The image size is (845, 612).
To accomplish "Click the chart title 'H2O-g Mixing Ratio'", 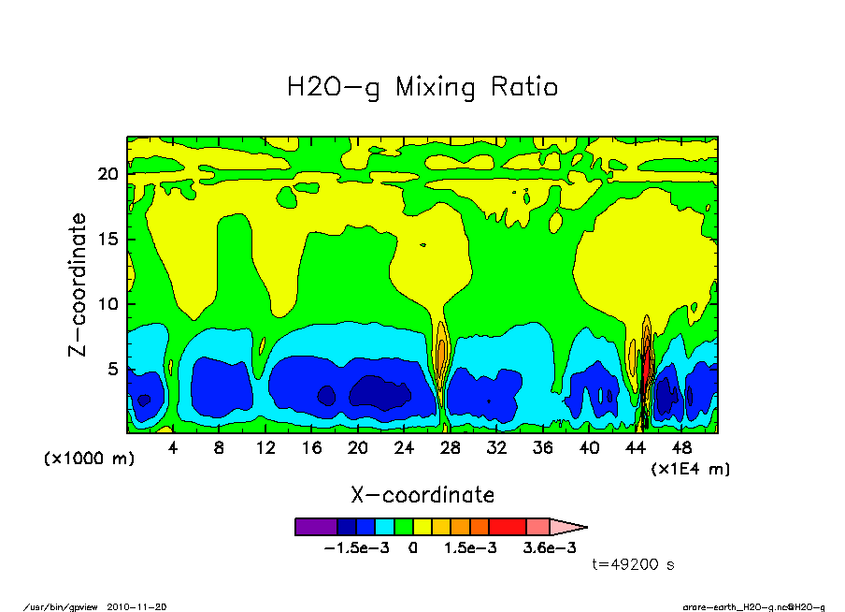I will pos(422,88).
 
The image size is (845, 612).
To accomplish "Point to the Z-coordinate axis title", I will pos(79,284).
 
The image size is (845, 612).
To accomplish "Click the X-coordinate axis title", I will pos(422,495).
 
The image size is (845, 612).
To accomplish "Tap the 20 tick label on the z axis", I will pos(108,174).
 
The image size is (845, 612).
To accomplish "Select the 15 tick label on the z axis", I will pos(108,240).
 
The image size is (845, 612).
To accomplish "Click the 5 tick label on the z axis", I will pos(113,370).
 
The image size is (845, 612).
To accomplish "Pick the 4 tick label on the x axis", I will pos(173,448).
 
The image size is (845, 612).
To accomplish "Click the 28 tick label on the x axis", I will pos(451,448).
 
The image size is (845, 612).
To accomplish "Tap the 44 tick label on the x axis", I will pos(636,448).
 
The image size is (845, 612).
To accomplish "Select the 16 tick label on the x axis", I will pos(311,448).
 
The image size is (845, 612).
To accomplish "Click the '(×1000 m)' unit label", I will pos(81,459).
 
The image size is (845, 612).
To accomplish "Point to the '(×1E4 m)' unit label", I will pos(690,468).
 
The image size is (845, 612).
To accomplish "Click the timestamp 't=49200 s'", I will pos(634,564).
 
